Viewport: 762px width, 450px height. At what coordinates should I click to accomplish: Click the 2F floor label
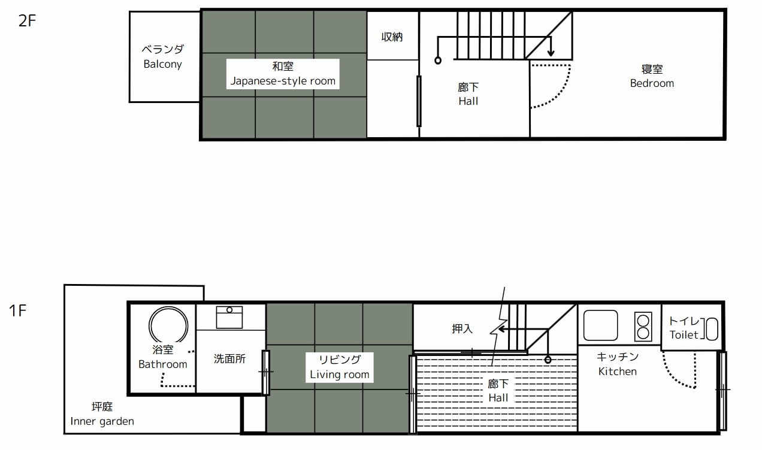click(x=27, y=21)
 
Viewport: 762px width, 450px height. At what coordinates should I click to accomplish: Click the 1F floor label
click(x=17, y=310)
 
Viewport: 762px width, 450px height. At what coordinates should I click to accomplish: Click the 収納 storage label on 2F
click(x=392, y=37)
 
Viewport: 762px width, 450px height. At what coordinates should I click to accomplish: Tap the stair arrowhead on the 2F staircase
click(x=551, y=53)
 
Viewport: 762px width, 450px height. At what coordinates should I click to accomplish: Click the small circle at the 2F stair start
click(x=438, y=61)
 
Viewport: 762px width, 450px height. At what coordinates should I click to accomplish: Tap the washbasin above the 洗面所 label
click(x=229, y=317)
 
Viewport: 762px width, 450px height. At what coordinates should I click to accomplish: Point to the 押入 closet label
click(x=462, y=328)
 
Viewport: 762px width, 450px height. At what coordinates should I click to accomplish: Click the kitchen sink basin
click(x=600, y=325)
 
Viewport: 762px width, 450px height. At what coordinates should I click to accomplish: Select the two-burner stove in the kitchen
click(x=643, y=327)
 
